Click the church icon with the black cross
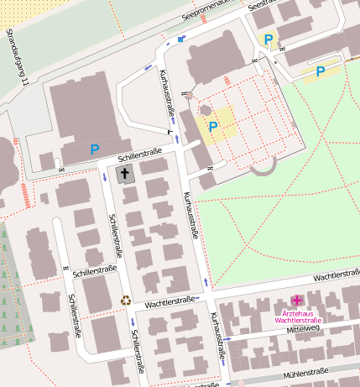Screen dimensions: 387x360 [125, 175]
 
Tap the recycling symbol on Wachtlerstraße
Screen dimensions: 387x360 [126, 300]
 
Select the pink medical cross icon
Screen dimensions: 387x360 [296, 300]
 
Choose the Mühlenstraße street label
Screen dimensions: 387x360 [305, 372]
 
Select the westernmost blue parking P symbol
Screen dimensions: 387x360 [95, 149]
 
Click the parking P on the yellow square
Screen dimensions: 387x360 [213, 127]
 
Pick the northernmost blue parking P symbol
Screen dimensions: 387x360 [269, 39]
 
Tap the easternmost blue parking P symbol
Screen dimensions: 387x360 [321, 71]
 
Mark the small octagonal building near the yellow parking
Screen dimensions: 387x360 [206, 110]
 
